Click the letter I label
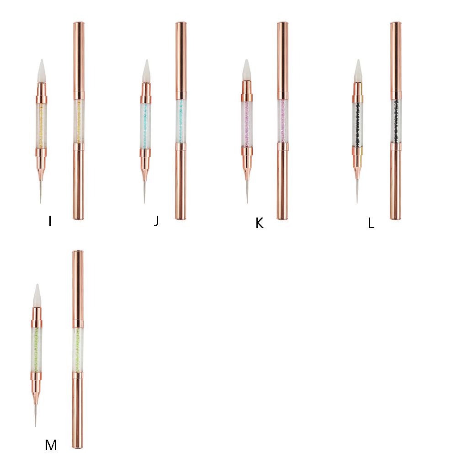[49, 222]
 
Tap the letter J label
[156, 221]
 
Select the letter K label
[260, 223]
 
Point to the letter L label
[371, 223]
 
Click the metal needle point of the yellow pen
[41, 192]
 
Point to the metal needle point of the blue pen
[144, 192]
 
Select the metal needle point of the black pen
[357, 192]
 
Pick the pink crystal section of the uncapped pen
[247, 123]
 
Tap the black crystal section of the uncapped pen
[358, 123]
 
